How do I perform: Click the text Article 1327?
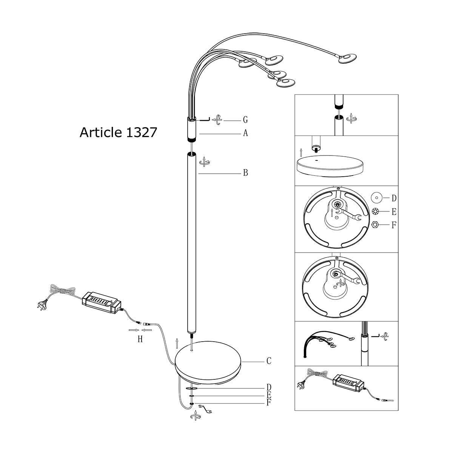pos(118,133)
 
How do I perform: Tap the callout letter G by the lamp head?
pos(245,120)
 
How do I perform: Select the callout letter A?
pos(245,133)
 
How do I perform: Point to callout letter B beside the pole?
pos(245,173)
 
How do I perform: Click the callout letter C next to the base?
pos(269,361)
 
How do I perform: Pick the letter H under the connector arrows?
pos(140,339)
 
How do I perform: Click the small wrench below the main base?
pos(206,408)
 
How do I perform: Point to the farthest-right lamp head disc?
pos(347,59)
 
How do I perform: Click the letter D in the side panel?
pos(394,198)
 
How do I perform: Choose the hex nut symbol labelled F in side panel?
pos(375,225)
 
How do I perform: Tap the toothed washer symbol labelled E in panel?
pos(375,211)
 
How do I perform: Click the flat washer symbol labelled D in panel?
pos(375,197)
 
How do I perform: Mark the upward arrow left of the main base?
pos(177,342)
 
